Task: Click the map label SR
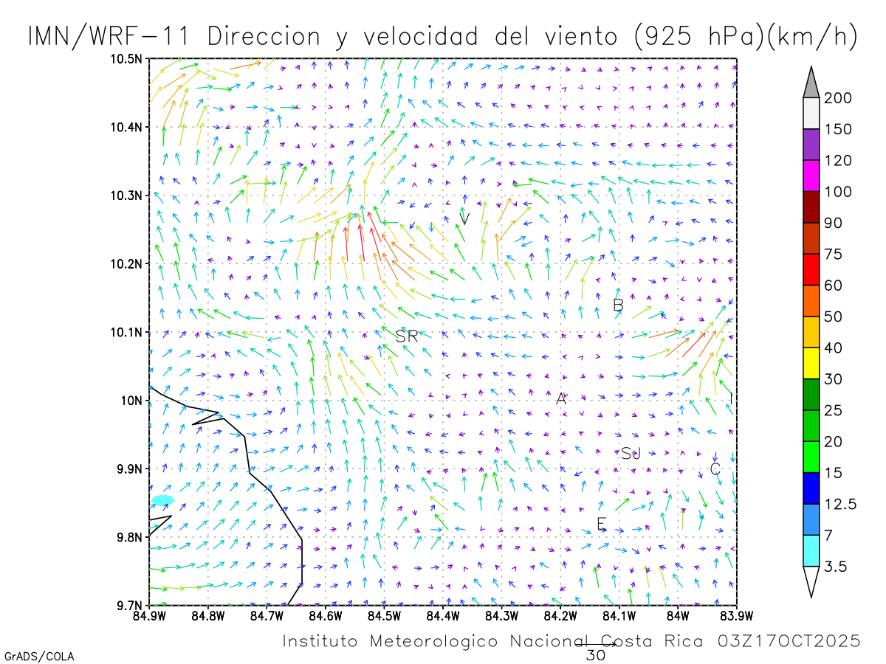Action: (x=407, y=336)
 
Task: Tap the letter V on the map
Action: (x=465, y=218)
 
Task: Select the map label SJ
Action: (x=631, y=453)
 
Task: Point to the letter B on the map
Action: (x=619, y=305)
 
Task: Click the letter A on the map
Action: (x=561, y=399)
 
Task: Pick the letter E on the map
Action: (x=602, y=524)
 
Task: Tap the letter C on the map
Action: (x=715, y=469)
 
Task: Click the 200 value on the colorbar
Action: (x=838, y=98)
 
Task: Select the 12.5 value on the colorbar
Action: (x=841, y=504)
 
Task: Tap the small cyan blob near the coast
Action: (x=162, y=500)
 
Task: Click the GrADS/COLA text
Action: (x=38, y=656)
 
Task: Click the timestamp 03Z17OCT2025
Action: (x=789, y=641)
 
